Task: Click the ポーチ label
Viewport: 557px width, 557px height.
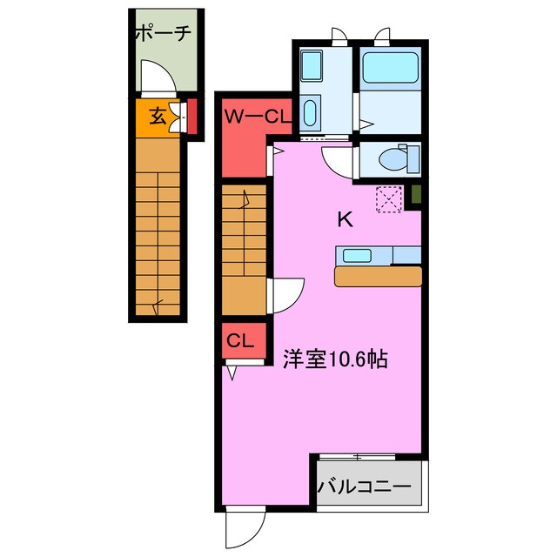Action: [162, 35]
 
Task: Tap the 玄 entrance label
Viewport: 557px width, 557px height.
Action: [157, 114]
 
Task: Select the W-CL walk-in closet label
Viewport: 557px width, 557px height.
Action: [252, 115]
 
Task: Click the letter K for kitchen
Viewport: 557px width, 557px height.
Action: [345, 219]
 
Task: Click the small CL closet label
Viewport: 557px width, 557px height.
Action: [241, 340]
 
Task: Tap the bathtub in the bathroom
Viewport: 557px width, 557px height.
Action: [390, 67]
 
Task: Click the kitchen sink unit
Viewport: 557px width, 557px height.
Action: [359, 256]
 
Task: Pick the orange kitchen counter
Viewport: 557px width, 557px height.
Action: [378, 276]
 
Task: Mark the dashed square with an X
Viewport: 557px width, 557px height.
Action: [388, 198]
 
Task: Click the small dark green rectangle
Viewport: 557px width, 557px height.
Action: [416, 196]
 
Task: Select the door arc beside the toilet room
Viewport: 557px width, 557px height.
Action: [337, 160]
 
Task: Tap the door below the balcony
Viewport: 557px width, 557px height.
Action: [244, 528]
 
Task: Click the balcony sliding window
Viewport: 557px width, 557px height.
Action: [358, 456]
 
